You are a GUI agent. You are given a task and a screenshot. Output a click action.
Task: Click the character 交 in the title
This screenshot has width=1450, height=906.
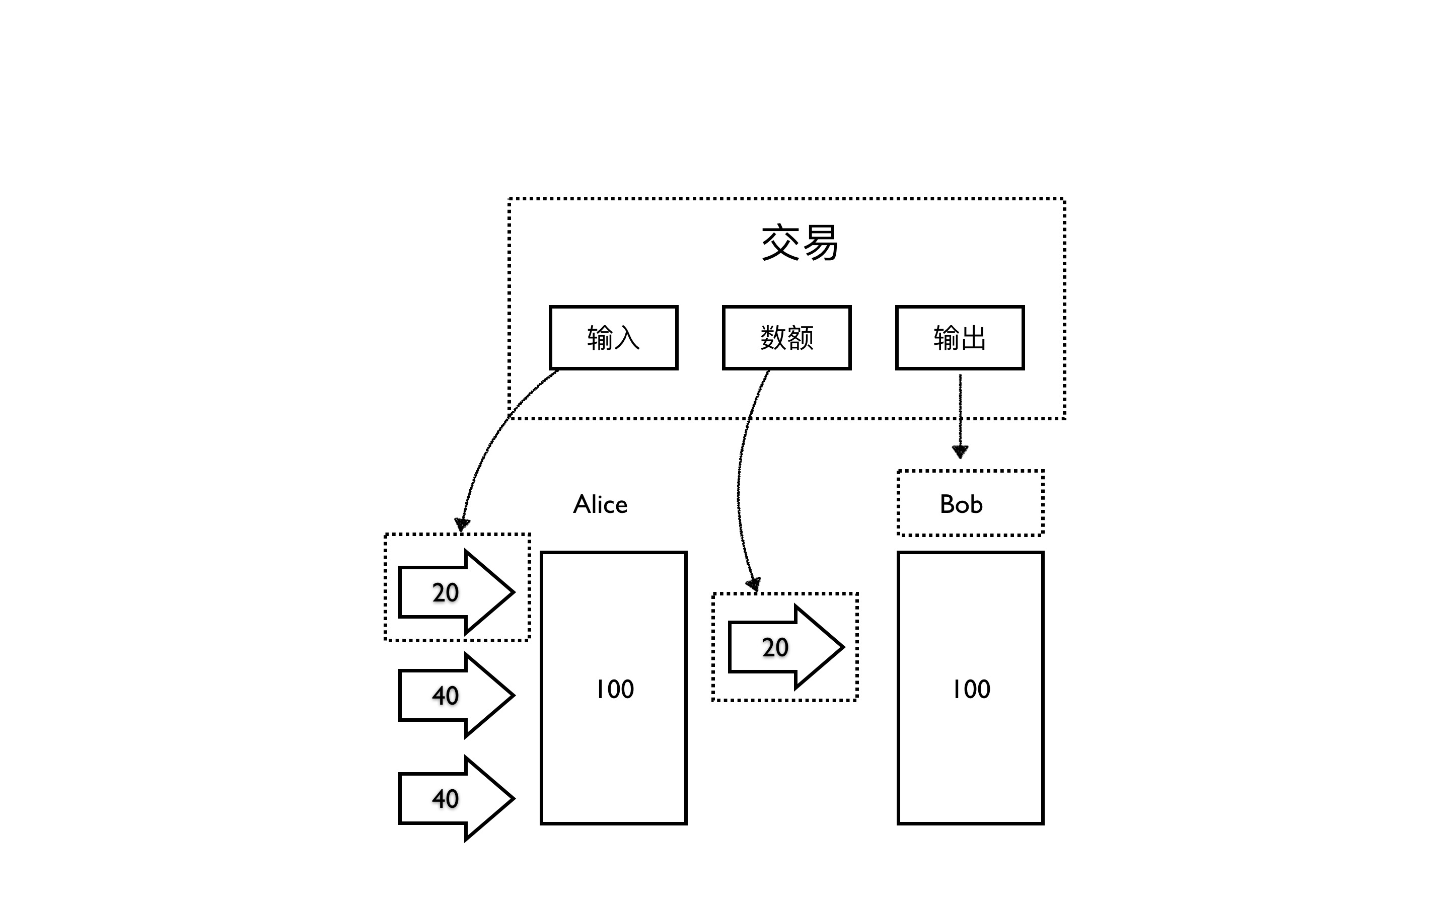pyautogui.click(x=780, y=243)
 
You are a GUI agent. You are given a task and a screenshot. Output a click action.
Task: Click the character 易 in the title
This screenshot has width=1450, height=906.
pyautogui.click(x=820, y=243)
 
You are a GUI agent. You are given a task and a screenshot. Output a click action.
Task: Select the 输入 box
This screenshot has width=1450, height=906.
pyautogui.click(x=614, y=337)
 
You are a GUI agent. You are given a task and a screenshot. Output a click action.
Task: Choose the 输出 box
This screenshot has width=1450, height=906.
pyautogui.click(x=960, y=337)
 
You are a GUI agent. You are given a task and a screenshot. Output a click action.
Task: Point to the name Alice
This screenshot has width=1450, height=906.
pyautogui.click(x=600, y=504)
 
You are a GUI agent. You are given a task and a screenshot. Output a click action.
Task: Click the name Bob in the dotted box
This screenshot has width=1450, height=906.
pyautogui.click(x=961, y=504)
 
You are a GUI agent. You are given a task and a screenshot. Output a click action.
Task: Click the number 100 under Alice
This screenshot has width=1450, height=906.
pyautogui.click(x=614, y=689)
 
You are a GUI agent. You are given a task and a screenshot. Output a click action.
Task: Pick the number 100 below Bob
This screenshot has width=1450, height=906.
pyautogui.click(x=971, y=689)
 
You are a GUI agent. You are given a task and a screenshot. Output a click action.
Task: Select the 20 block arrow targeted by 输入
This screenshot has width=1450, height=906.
pyautogui.click(x=455, y=592)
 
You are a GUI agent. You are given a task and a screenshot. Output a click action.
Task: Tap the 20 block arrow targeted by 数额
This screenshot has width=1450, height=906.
pyautogui.click(x=785, y=647)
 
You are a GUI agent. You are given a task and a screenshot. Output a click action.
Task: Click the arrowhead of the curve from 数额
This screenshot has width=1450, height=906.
pyautogui.click(x=754, y=584)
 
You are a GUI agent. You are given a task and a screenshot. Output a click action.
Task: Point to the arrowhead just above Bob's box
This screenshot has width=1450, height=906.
pyautogui.click(x=960, y=451)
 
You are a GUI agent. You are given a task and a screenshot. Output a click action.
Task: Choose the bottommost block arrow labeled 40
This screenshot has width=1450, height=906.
pyautogui.click(x=455, y=799)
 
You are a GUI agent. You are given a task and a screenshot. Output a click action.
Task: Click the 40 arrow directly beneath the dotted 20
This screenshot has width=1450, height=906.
pyautogui.click(x=455, y=695)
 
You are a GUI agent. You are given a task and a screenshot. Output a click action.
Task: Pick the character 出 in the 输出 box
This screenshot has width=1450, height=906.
pyautogui.click(x=974, y=338)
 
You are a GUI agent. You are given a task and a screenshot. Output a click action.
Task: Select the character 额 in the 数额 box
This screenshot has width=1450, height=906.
pyautogui.click(x=801, y=338)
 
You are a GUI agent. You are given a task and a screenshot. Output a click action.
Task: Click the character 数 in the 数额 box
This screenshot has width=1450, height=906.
pyautogui.click(x=773, y=338)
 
